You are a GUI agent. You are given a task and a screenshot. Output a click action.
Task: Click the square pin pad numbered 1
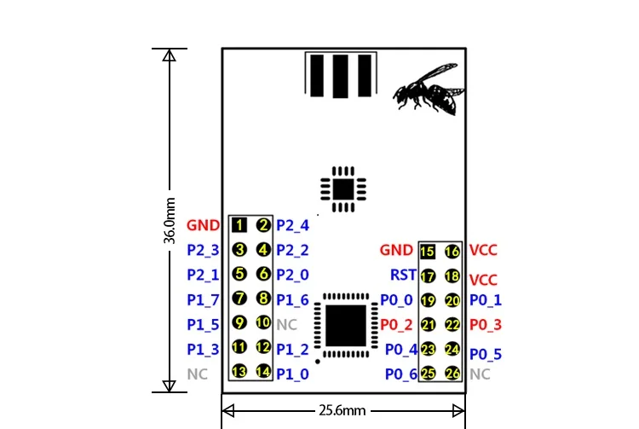[x=239, y=225]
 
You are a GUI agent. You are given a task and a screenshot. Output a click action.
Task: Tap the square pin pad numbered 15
[x=428, y=252]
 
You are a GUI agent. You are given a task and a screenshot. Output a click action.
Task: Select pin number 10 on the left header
[x=263, y=322]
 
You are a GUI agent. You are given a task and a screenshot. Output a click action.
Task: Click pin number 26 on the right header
[x=452, y=373]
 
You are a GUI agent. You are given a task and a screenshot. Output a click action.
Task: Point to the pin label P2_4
[x=292, y=225]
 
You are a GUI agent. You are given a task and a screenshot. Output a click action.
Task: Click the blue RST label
[x=403, y=275]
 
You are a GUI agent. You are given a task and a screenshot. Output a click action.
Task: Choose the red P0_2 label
[x=396, y=325]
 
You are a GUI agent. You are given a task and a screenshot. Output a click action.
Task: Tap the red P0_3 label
[x=486, y=325]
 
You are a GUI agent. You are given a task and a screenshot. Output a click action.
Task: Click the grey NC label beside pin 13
[x=198, y=374]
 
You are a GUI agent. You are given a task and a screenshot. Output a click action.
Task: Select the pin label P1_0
[x=292, y=374]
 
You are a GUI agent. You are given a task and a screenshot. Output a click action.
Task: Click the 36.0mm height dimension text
[x=170, y=221]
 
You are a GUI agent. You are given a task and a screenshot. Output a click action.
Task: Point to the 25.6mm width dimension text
[x=343, y=410]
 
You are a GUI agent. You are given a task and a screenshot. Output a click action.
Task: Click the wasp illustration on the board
[x=429, y=89]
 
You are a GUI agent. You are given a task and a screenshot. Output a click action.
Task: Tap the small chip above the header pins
[x=343, y=189]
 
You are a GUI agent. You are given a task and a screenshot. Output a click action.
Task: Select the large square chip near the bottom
[x=346, y=326]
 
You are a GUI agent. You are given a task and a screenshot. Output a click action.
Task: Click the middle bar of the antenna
[x=340, y=76]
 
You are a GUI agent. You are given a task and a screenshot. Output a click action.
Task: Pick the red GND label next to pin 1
[x=203, y=225]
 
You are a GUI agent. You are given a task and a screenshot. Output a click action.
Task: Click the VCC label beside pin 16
[x=483, y=250]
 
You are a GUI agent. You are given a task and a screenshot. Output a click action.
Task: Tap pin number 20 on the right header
[x=452, y=300]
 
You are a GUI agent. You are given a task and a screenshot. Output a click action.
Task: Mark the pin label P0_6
[x=401, y=374]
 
